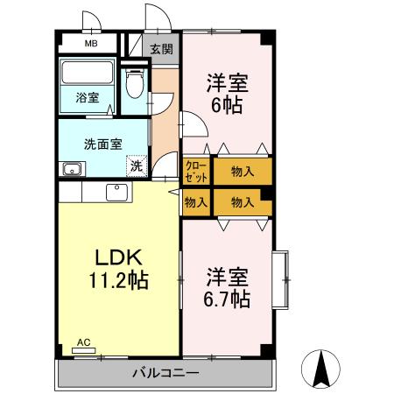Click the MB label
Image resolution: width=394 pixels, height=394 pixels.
90,42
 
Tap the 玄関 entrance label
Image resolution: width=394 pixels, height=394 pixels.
161,50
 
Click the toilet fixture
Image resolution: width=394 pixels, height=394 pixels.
133,86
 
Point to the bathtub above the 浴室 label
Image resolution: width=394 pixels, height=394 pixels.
88,73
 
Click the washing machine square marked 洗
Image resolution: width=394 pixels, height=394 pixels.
136,165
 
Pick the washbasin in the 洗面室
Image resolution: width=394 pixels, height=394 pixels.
69,168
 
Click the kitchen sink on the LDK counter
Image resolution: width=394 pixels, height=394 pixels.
116,192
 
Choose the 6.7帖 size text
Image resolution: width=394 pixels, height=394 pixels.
228,299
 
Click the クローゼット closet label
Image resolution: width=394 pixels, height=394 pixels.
195,168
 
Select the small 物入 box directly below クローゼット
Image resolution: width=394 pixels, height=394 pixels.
195,202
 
